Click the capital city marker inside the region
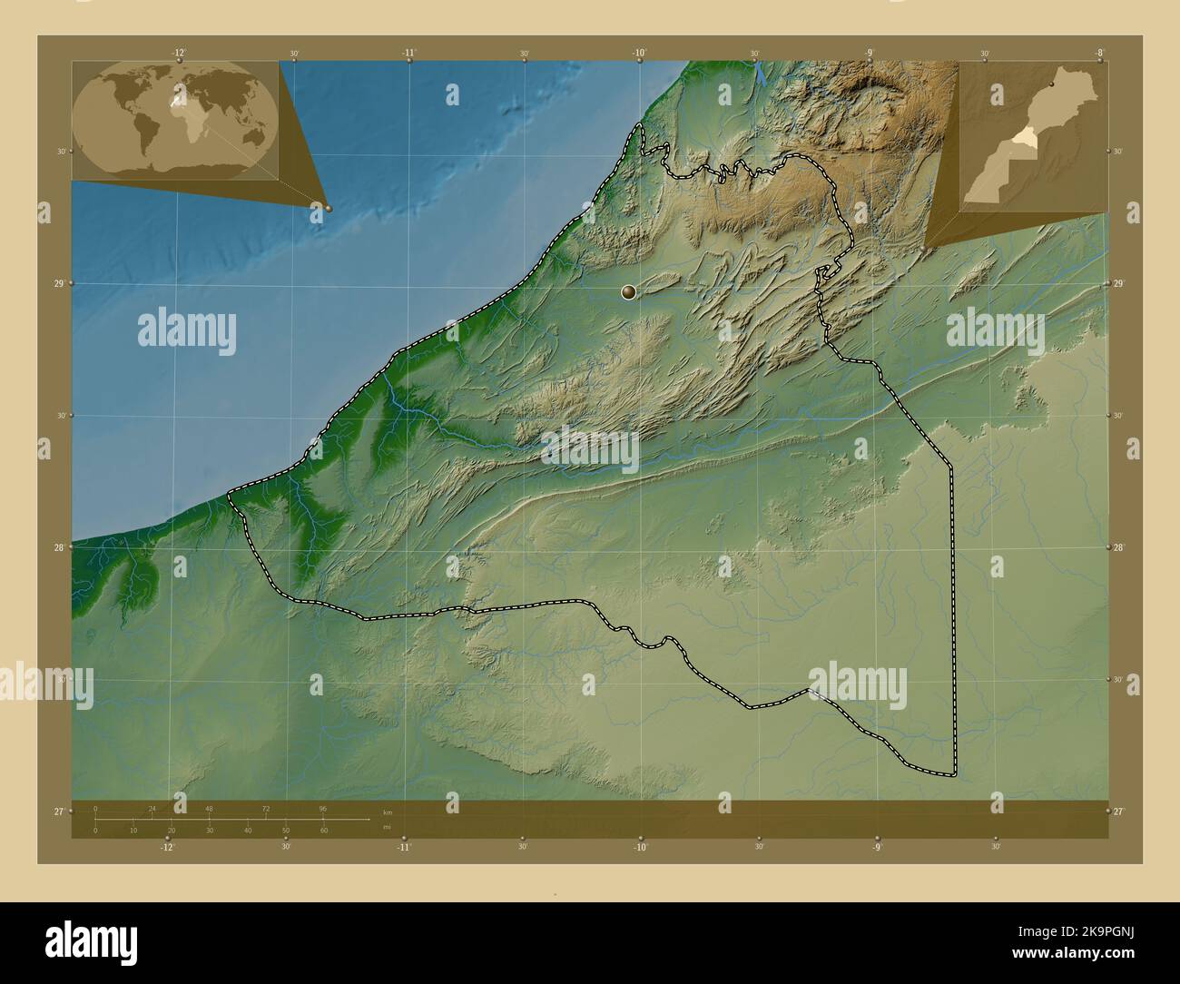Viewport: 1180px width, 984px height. point(627,291)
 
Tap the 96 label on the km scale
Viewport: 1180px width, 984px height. point(322,808)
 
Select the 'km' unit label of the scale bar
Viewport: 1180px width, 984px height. point(388,812)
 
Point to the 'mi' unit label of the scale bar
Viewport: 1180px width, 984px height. point(388,827)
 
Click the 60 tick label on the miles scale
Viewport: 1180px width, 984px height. point(323,831)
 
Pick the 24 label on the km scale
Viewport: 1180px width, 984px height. point(152,808)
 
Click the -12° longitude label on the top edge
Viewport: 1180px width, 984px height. point(179,53)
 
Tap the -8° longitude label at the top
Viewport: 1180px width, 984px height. point(1099,53)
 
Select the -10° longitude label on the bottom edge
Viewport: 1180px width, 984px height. point(640,847)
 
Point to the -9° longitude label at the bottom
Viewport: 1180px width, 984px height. point(877,847)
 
